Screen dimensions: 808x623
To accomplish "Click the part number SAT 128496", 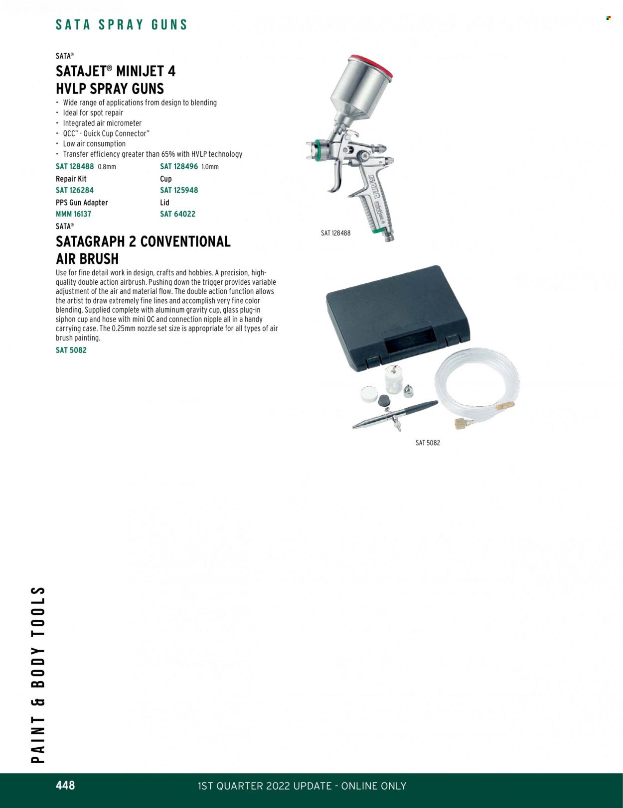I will tap(179, 167).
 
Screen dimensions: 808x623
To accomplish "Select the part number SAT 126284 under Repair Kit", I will tap(75, 190).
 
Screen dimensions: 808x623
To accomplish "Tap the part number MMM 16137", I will tap(73, 214).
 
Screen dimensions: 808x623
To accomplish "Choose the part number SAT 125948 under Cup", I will tap(179, 190).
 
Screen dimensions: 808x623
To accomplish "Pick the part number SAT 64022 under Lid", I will tap(177, 214).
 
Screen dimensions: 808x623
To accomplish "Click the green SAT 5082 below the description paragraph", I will tap(71, 350).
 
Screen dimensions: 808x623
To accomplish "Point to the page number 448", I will tap(65, 785).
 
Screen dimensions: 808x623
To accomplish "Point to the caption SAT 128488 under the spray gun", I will tap(335, 233).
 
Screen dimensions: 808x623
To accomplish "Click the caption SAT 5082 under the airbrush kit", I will tap(428, 443).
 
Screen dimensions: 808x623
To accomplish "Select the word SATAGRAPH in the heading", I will tap(90, 241).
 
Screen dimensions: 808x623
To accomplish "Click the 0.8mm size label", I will tap(107, 167).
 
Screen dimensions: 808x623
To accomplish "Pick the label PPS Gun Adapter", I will tap(82, 203).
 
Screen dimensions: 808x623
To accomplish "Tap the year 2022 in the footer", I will tap(278, 786).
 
